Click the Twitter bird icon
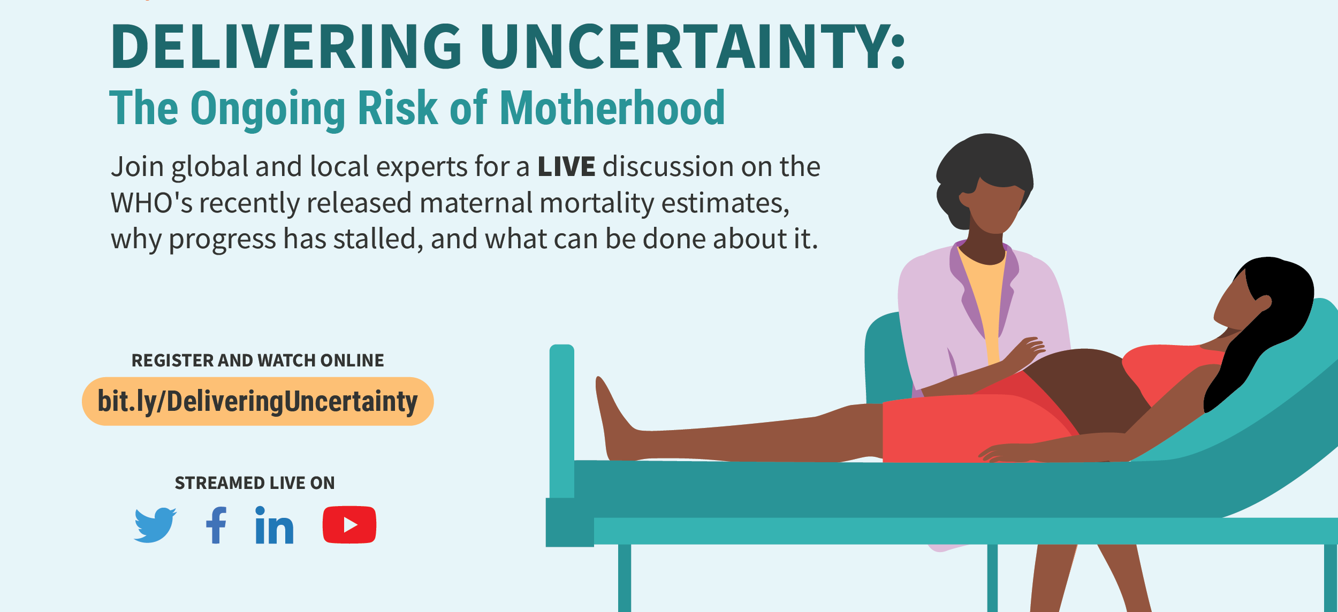click(155, 525)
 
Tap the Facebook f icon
click(216, 525)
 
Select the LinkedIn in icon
click(274, 525)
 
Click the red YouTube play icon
click(349, 524)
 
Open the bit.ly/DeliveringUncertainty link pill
click(257, 401)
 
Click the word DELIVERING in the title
click(286, 47)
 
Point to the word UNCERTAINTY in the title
click(693, 47)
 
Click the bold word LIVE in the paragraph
click(566, 166)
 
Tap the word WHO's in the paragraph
click(151, 203)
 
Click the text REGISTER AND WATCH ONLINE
click(257, 361)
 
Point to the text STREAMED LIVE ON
click(255, 483)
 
